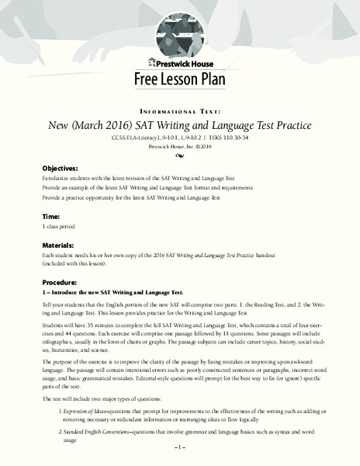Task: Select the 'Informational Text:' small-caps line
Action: pyautogui.click(x=179, y=110)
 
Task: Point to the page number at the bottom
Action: pyautogui.click(x=179, y=449)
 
